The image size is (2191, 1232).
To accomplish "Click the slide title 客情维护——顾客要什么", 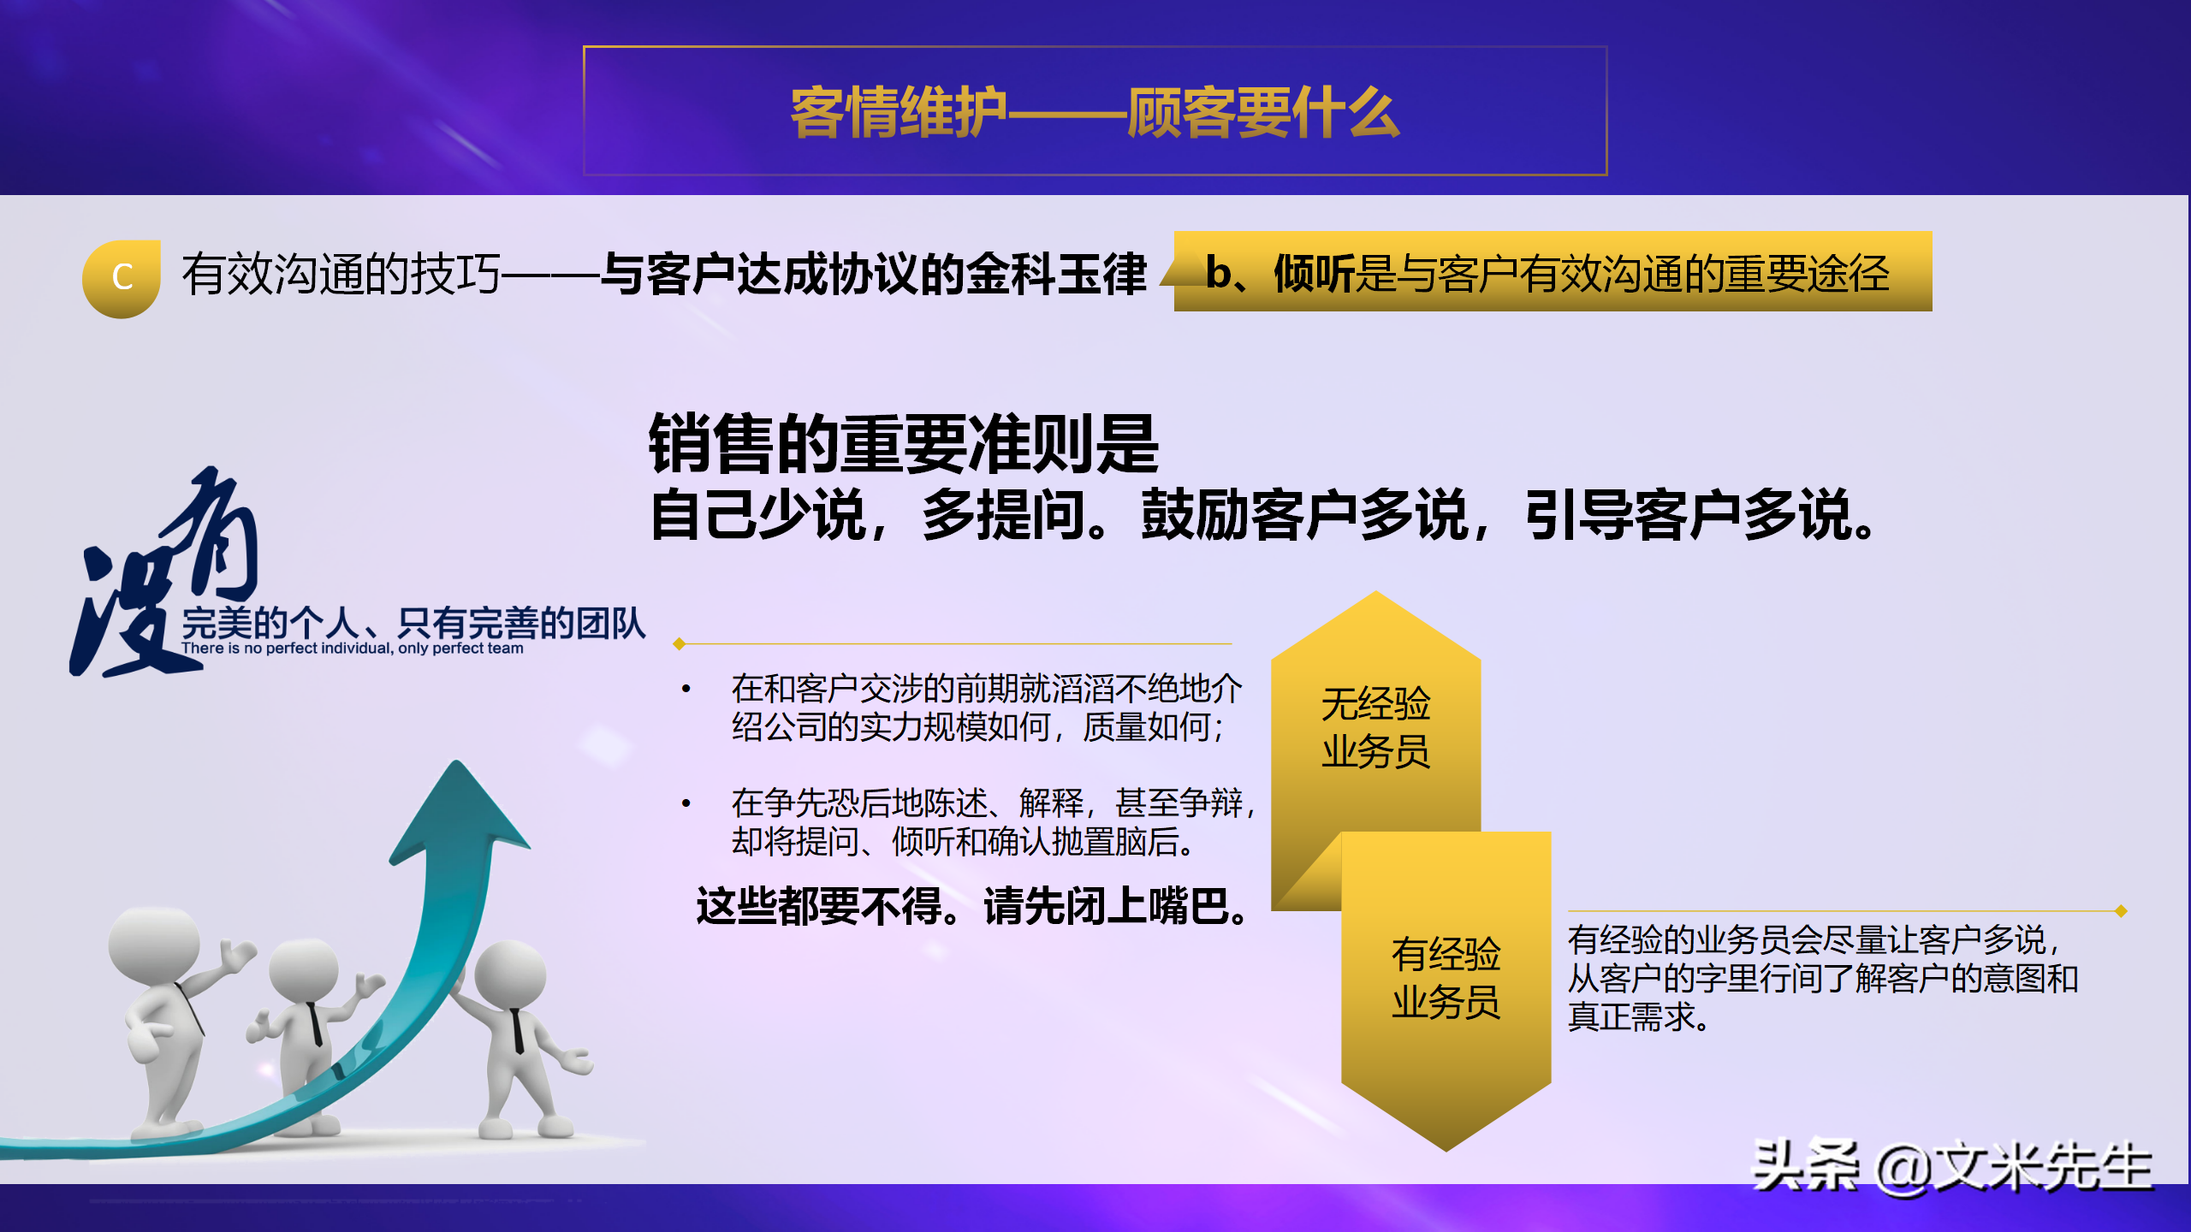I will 1095,112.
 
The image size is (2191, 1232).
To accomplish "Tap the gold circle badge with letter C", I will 122,278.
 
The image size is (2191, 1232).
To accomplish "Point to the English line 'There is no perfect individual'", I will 352,649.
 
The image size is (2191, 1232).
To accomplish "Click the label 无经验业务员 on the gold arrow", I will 1375,727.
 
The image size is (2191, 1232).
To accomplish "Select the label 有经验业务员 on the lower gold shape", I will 1446,978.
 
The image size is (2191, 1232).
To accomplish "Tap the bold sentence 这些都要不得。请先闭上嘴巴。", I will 973,906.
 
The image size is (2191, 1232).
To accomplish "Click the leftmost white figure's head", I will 154,945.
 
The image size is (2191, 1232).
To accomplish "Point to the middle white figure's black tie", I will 315,1023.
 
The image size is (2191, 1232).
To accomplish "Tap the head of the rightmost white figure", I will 510,975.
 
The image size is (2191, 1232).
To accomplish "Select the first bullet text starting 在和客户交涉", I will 984,708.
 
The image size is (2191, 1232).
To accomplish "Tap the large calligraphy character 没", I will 128,612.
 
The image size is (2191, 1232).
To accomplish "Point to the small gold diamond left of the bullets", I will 679,643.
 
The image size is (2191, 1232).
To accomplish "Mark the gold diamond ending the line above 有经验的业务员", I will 2121,911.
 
